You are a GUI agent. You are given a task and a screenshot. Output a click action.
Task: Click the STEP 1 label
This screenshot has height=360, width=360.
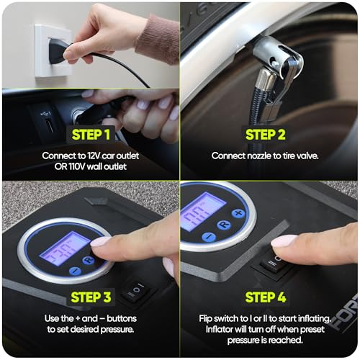tap(90, 133)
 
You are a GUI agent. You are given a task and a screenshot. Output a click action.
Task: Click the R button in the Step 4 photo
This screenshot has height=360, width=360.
tap(223, 225)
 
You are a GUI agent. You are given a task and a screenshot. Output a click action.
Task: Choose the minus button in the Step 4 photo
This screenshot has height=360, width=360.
tap(209, 235)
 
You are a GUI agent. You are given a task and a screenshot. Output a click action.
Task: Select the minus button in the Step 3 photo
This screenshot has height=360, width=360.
tap(75, 271)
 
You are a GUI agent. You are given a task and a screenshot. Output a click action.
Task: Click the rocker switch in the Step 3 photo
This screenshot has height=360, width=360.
tap(135, 289)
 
